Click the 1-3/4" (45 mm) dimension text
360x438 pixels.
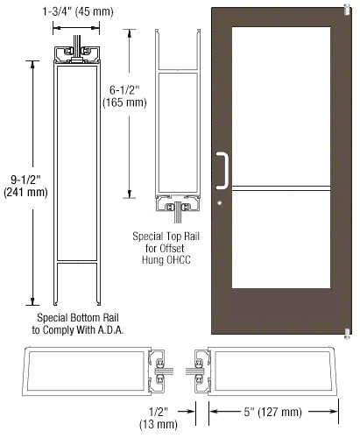(78, 11)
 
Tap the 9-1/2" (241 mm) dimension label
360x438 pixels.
(25, 186)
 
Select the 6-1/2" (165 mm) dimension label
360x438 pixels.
(124, 96)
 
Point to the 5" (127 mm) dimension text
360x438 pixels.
(272, 412)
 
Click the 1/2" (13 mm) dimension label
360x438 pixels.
(159, 418)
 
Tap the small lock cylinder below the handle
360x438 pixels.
(219, 203)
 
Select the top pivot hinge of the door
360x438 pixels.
(347, 10)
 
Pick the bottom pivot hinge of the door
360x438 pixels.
(347, 334)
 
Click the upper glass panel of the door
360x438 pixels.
(281, 106)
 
